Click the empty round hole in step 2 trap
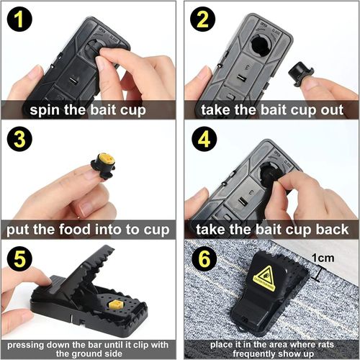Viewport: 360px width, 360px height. pyautogui.click(x=258, y=47)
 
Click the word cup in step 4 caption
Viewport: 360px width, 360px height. pyautogui.click(x=295, y=230)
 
